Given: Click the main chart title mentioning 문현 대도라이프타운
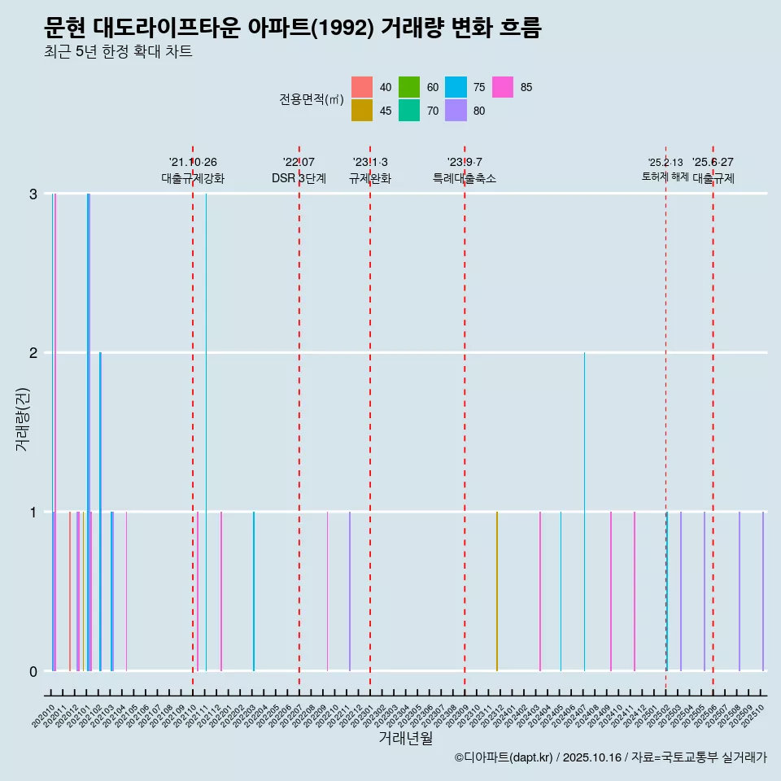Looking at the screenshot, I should pos(293,28).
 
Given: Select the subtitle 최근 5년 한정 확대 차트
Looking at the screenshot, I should pos(118,53).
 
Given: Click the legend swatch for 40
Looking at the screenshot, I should pos(362,87).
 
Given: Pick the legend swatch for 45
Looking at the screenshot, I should pos(362,111).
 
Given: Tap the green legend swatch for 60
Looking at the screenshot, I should pos(409,87).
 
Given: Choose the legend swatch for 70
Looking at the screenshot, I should pos(409,111).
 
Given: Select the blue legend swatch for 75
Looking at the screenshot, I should pos(456,87).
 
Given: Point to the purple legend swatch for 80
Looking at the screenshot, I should pos(456,111).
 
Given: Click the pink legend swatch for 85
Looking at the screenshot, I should pos(503,87).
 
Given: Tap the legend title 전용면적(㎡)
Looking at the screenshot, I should pos(311,99).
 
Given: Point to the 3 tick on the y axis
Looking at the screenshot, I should pos(33,194).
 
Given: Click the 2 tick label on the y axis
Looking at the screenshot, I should pos(33,353).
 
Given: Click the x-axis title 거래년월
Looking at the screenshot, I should pos(405,738).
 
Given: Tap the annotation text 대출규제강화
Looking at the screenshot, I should pos(193,178).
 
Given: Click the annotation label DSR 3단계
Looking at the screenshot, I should pos(299,178).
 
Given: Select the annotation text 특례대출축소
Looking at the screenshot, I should pos(465,178).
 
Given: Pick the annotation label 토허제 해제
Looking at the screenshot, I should pos(665,177).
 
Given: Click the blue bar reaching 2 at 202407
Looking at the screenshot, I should pos(584,513).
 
